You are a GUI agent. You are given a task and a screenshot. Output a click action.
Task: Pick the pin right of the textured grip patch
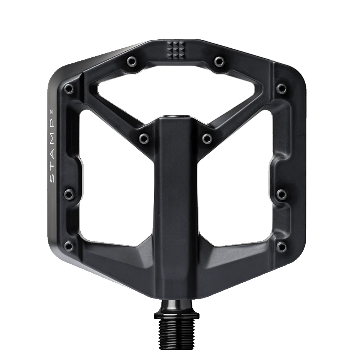pyautogui.click(x=219, y=61)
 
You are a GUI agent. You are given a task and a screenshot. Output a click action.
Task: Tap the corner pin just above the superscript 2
pyautogui.click(x=69, y=89)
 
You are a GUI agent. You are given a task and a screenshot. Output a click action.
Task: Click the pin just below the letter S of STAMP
pyautogui.click(x=69, y=194)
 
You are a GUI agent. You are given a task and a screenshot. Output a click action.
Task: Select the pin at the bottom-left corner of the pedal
pyautogui.click(x=69, y=246)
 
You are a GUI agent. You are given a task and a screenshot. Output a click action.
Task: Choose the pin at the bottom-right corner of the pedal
pyautogui.click(x=282, y=246)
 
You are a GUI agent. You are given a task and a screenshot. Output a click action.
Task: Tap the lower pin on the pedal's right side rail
pyautogui.click(x=282, y=194)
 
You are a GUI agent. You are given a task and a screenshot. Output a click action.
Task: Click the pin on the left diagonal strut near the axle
pyautogui.click(x=144, y=138)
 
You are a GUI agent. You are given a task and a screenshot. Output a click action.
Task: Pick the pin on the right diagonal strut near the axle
pyautogui.click(x=207, y=138)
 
